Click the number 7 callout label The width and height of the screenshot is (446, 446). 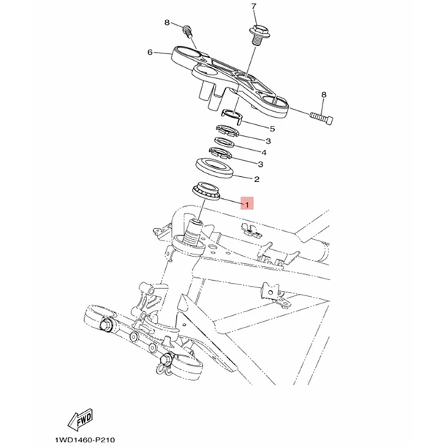pyautogui.click(x=254, y=7)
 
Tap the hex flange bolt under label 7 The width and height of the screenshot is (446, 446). pyautogui.click(x=259, y=34)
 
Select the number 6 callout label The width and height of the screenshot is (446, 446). pyautogui.click(x=150, y=53)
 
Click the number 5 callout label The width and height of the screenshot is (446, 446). pyautogui.click(x=272, y=129)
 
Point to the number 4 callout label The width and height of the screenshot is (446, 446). pyautogui.click(x=264, y=153)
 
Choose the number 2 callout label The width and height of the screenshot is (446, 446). pyautogui.click(x=257, y=179)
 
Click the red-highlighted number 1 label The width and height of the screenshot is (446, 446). pyautogui.click(x=247, y=203)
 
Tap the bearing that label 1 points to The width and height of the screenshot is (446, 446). pyautogui.click(x=206, y=191)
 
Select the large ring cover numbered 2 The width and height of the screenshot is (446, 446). pyautogui.click(x=215, y=168)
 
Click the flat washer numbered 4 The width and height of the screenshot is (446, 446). pyautogui.click(x=224, y=142)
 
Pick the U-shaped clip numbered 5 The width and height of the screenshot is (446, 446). pyautogui.click(x=232, y=116)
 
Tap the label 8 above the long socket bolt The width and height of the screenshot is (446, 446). pyautogui.click(x=324, y=95)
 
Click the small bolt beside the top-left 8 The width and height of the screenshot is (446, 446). pyautogui.click(x=187, y=31)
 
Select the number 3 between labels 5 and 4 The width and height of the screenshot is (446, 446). pyautogui.click(x=268, y=141)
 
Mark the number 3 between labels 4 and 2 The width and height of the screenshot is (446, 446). pyautogui.click(x=260, y=164)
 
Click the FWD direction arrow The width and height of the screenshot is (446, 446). pyautogui.click(x=80, y=419)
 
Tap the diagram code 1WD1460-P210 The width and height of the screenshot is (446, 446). pyautogui.click(x=85, y=439)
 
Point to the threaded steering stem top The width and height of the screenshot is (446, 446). pyautogui.click(x=194, y=233)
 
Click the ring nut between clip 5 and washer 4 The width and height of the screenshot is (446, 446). pyautogui.click(x=227, y=131)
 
